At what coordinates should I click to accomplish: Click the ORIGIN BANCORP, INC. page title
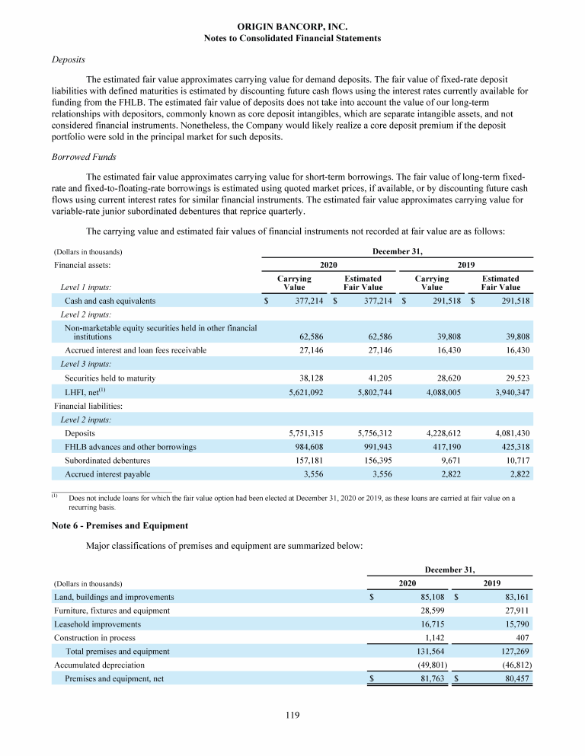(x=292, y=27)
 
